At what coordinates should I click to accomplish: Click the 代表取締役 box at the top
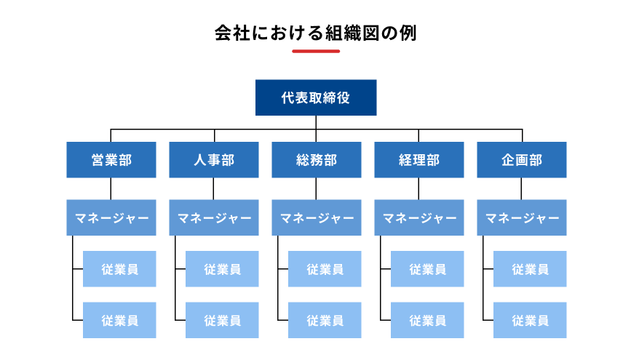tap(315, 97)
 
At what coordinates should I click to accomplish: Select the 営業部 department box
tap(111, 160)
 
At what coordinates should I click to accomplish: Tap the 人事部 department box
tap(214, 160)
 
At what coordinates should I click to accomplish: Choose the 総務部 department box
tap(317, 160)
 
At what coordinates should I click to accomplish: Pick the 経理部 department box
tap(419, 160)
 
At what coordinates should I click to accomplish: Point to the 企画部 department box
tap(522, 160)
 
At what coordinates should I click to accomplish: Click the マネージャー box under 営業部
tap(111, 217)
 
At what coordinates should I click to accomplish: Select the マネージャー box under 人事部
tap(214, 217)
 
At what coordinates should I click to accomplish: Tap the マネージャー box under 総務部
tap(317, 217)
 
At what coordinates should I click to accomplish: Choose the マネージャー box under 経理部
tap(419, 217)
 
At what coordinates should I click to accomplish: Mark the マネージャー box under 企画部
tap(522, 217)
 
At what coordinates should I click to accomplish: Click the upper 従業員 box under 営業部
tap(119, 269)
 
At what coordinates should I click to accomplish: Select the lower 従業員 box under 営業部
tap(119, 320)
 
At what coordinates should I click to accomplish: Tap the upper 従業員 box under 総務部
tap(325, 269)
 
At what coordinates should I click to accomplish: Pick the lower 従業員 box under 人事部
tap(222, 320)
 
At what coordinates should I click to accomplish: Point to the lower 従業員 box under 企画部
tap(530, 320)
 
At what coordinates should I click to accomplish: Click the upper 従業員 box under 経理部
tap(427, 269)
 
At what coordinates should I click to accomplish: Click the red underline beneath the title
tap(316, 52)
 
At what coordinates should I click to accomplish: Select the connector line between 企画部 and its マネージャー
tap(522, 189)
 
